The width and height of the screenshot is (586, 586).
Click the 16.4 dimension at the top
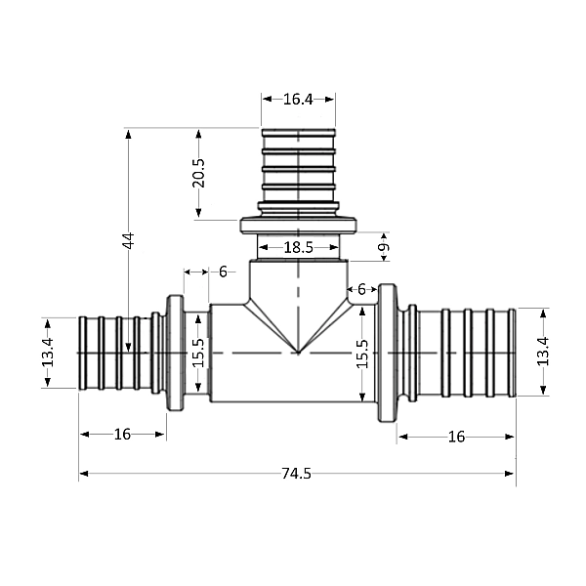coord(298,99)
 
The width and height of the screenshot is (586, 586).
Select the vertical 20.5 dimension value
coord(199,173)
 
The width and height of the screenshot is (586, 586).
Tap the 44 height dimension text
coord(128,241)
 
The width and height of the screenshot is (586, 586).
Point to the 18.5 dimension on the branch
coord(298,248)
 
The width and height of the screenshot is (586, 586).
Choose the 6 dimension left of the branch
coord(223,272)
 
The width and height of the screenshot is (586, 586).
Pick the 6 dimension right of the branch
coord(361,289)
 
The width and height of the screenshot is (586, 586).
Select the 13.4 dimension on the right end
coord(543,352)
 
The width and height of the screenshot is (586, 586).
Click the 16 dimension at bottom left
coord(121,435)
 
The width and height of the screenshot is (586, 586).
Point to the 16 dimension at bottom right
coord(456,437)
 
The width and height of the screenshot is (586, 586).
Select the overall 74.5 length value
coord(296,474)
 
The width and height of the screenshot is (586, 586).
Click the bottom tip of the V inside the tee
coord(298,351)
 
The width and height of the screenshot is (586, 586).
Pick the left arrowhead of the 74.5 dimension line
coord(84,474)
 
